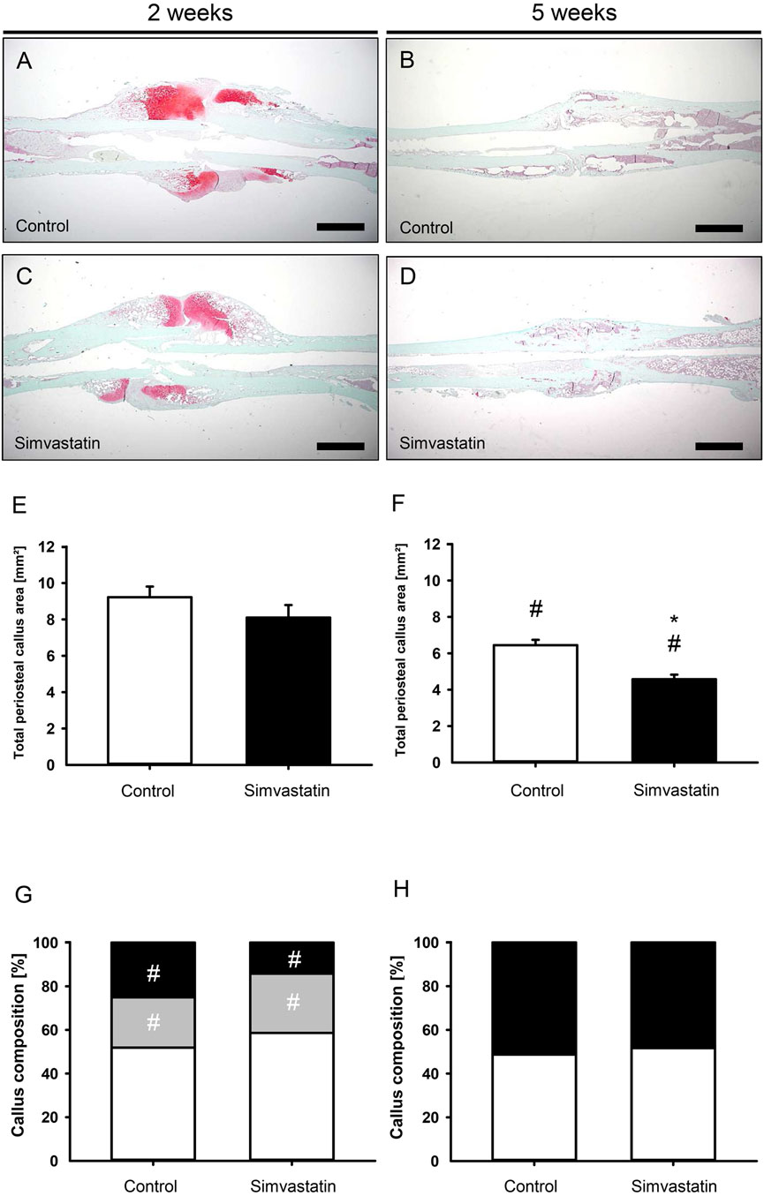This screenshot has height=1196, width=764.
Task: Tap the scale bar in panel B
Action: point(720,228)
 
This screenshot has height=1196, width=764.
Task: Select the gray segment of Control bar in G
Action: point(153,1020)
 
